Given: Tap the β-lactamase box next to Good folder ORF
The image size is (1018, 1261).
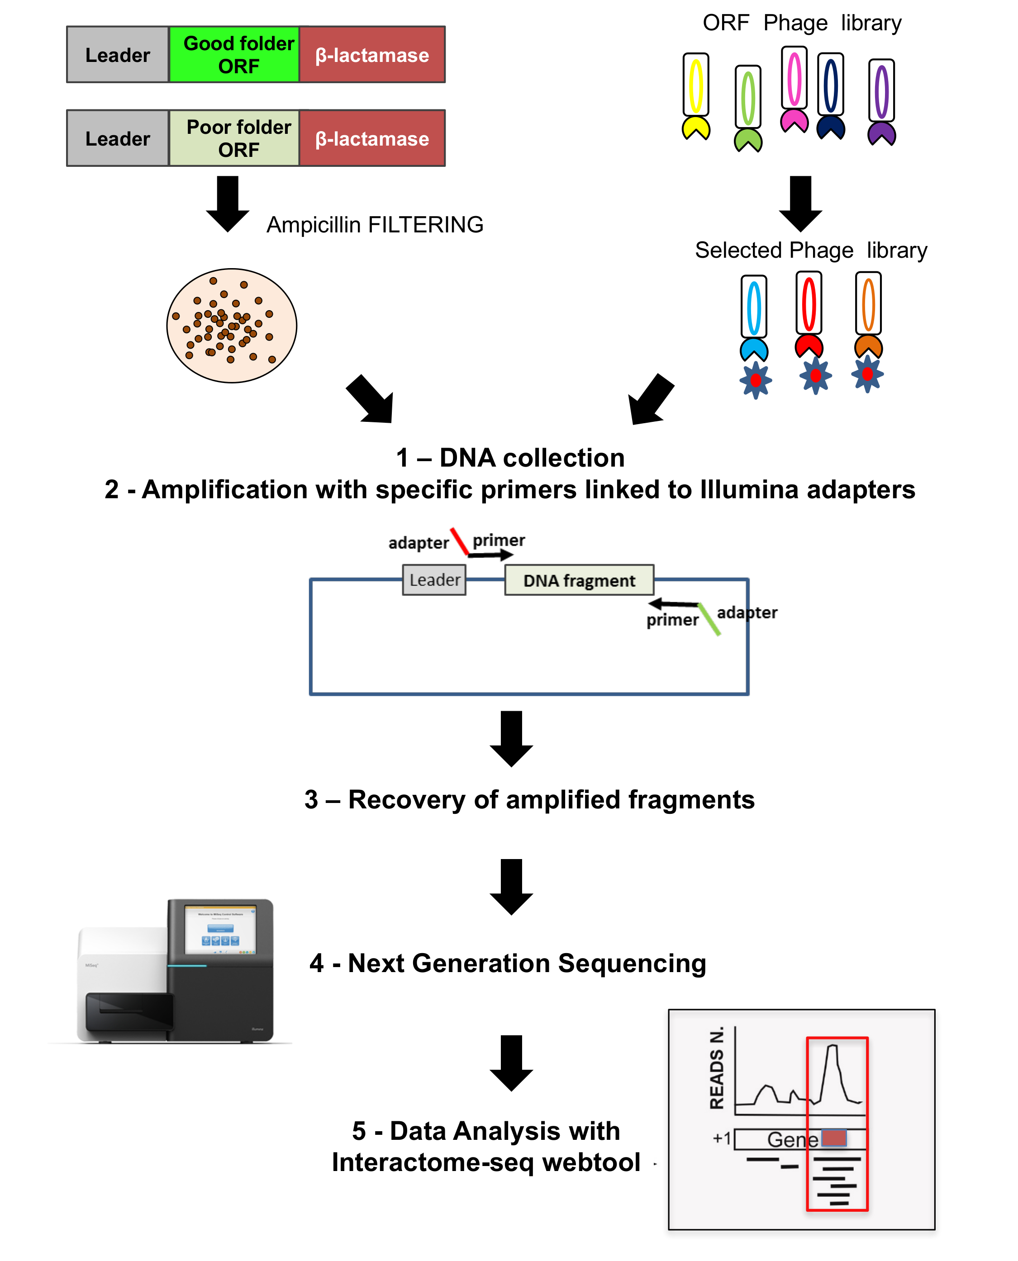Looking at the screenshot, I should click(372, 55).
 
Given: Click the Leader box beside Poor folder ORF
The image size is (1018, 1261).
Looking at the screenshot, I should click(118, 138).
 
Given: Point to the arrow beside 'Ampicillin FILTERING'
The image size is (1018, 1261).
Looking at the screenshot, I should click(228, 203).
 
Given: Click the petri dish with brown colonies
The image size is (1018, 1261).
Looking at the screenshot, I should click(232, 326).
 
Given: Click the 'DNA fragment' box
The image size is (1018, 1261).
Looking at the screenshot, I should click(579, 580).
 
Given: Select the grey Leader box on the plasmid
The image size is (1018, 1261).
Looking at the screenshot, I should click(434, 580).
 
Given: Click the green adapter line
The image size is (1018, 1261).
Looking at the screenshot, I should click(709, 619).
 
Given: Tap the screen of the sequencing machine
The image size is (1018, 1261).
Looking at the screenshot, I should click(220, 930).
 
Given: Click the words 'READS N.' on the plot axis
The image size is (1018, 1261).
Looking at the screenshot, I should click(717, 1067).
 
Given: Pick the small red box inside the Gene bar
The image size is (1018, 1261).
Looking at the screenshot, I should click(833, 1138).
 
